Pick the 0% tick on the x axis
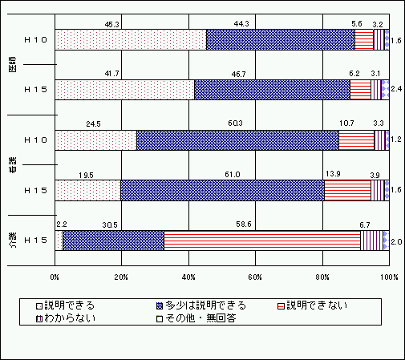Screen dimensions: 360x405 tap(55, 277)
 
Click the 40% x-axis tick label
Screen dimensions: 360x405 tap(188, 277)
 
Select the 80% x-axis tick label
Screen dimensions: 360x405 tap(322, 277)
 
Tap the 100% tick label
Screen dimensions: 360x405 tap(389, 277)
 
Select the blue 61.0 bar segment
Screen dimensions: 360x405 tap(222, 190)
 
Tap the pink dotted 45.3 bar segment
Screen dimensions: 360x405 tap(131, 40)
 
